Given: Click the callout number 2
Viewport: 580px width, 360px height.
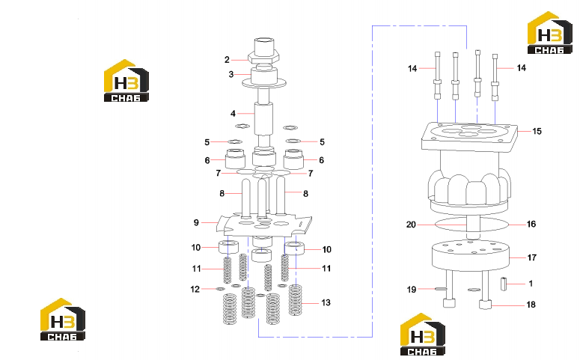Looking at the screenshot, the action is coord(227,60).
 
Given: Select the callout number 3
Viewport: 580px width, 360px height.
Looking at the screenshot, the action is coord(231,74).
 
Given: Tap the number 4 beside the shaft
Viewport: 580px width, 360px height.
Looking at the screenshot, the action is coord(233,114).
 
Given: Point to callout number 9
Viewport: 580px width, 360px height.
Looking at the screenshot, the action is coord(196,222).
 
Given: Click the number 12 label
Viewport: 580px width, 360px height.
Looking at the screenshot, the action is coord(195,289).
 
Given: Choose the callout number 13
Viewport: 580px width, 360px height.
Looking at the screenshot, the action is coord(326,302).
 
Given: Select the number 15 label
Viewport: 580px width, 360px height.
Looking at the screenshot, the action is coord(537,131).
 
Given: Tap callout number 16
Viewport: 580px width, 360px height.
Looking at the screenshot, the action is coord(531,224).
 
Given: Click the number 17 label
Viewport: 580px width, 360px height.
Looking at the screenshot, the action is coord(532,257).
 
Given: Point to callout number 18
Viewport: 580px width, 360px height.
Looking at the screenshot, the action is coord(531,305).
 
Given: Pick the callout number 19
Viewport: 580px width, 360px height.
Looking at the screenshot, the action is coord(412,290).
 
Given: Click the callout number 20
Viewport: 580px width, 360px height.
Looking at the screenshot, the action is coord(411,225).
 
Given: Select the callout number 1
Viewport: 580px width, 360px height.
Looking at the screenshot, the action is coord(531,284).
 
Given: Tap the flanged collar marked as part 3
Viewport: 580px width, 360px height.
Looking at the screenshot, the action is coord(264,76).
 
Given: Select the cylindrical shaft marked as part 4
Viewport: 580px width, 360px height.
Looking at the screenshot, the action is coord(263,118).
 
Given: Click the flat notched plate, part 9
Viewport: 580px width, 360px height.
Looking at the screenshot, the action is coord(264,226).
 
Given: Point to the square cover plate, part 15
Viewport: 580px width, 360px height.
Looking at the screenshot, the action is coord(469,136).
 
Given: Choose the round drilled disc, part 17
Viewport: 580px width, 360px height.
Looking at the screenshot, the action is coord(471,254).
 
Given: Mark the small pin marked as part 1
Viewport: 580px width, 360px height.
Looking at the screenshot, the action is coord(504,284).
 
